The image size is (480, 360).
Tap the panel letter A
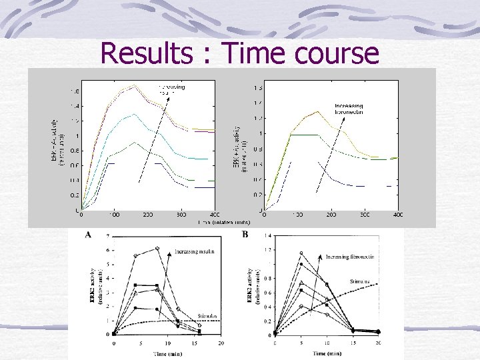coord(88,235)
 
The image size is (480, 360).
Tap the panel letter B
coord(245,235)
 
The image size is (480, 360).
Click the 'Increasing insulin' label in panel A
coord(198,251)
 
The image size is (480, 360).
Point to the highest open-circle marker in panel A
coord(157,248)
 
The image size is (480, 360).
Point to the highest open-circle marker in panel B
coord(301,253)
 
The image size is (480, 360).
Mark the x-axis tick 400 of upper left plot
coord(215,215)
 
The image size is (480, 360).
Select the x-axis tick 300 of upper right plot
coord(365,215)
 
